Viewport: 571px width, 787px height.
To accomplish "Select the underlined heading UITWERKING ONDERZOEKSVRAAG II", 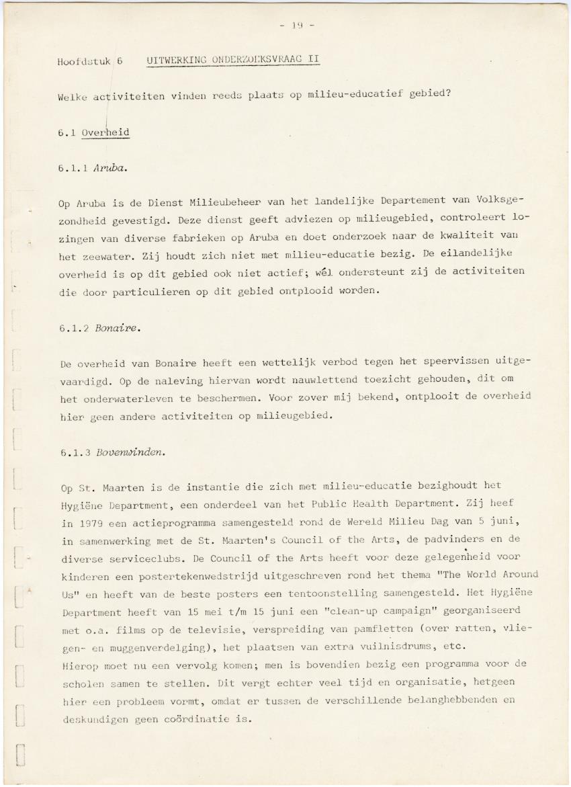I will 232,59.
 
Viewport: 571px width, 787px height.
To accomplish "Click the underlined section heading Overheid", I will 105,132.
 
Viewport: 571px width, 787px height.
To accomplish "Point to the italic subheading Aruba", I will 112,169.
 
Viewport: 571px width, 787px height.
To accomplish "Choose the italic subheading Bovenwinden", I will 130,452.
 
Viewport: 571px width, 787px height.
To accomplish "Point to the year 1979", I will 89,522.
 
